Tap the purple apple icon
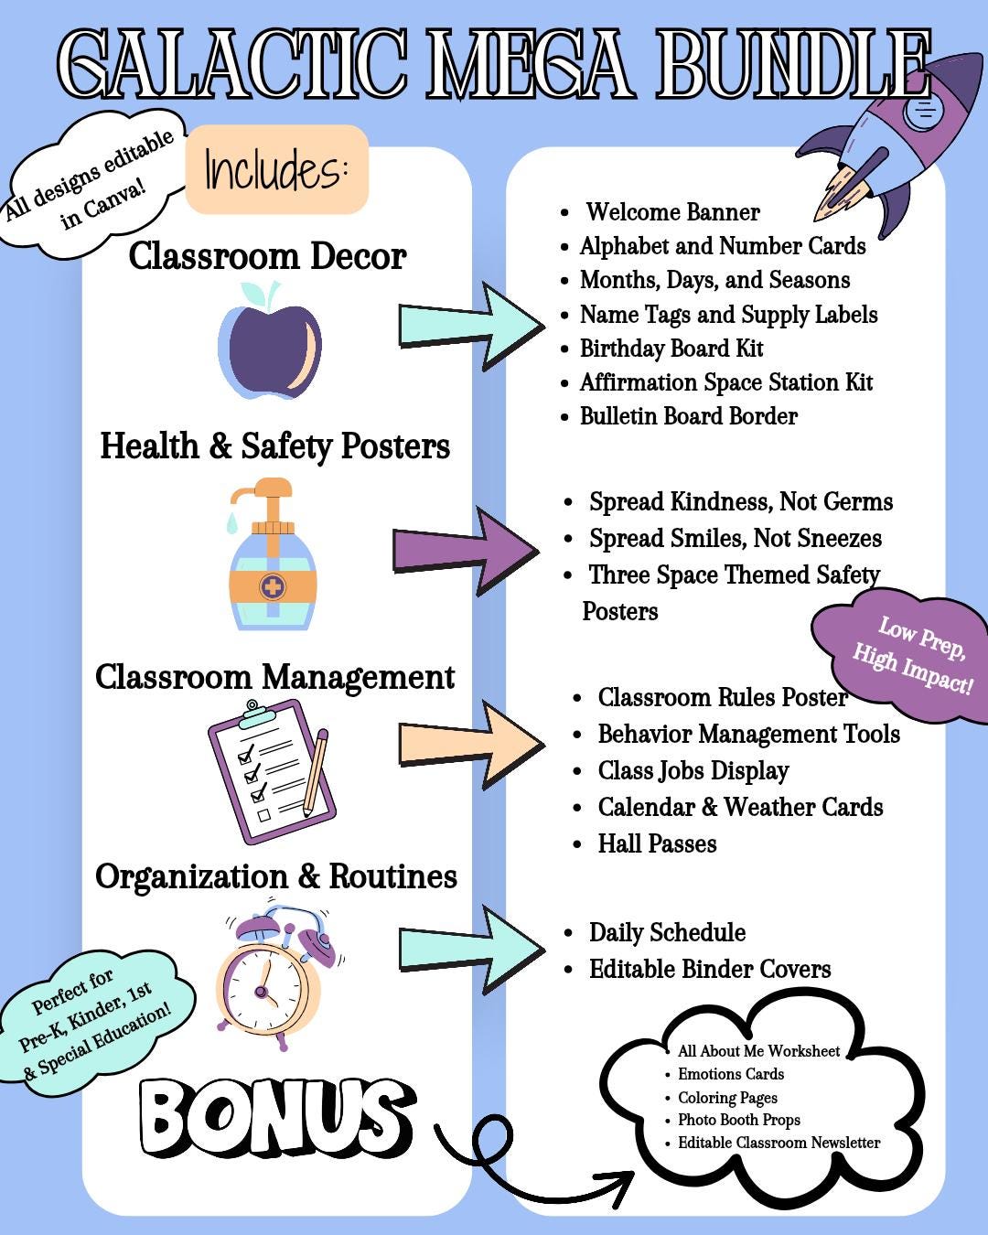pyautogui.click(x=270, y=341)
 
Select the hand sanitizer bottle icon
pyautogui.click(x=272, y=553)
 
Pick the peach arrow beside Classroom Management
pyautogui.click(x=472, y=745)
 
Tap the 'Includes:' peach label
pyautogui.click(x=276, y=169)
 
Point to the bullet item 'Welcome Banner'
pyautogui.click(x=672, y=212)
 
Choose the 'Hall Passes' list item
pyautogui.click(x=658, y=843)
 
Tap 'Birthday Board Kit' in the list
pyautogui.click(x=671, y=349)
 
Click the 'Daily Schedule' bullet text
pyautogui.click(x=667, y=932)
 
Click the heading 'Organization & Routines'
pyautogui.click(x=276, y=877)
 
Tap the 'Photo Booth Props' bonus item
pyautogui.click(x=739, y=1120)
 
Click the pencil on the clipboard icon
pyautogui.click(x=315, y=772)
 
